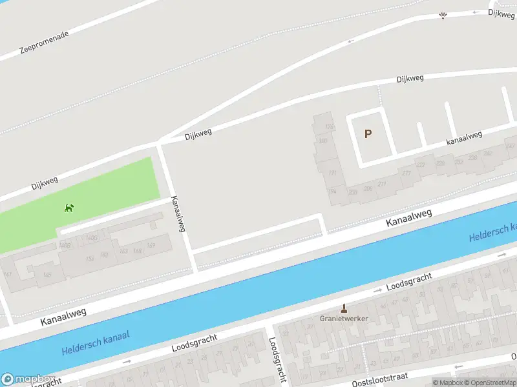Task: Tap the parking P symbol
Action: pos(368,134)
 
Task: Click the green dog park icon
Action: pos(69,208)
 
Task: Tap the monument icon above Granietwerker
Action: pos(344,307)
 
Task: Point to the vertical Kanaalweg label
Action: pos(178,213)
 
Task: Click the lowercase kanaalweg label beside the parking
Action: pos(464,137)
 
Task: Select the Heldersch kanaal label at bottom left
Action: pos(96,342)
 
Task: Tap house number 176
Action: pos(329,127)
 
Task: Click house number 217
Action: pos(406,173)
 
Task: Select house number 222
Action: pos(421,165)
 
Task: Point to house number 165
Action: pos(47,275)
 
